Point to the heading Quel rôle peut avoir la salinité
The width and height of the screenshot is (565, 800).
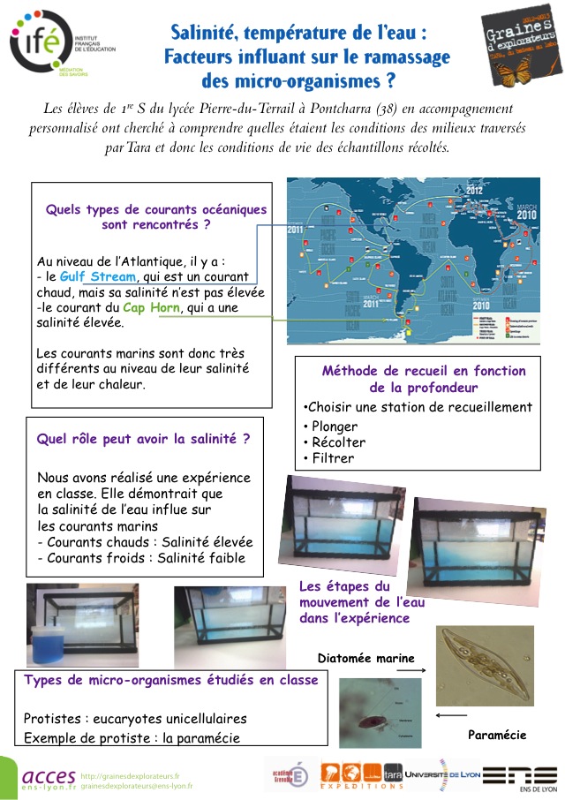pos(143,438)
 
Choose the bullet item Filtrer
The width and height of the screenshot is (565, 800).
pos(328,458)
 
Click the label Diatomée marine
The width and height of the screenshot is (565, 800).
pos(366,657)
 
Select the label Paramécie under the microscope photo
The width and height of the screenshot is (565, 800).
pos(497,735)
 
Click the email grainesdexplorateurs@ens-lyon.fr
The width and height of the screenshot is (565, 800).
pos(136,785)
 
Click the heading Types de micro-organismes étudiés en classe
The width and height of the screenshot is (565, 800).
pos(171,680)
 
